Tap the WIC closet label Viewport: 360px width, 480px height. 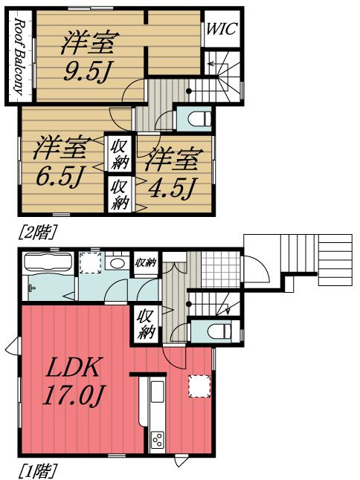point(221,30)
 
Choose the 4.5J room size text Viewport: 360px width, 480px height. point(171,173)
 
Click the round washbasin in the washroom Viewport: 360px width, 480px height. point(116,264)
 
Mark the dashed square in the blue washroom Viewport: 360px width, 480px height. point(91,264)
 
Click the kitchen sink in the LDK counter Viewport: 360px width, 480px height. point(158,394)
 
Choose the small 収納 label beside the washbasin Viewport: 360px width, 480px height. point(144,262)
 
